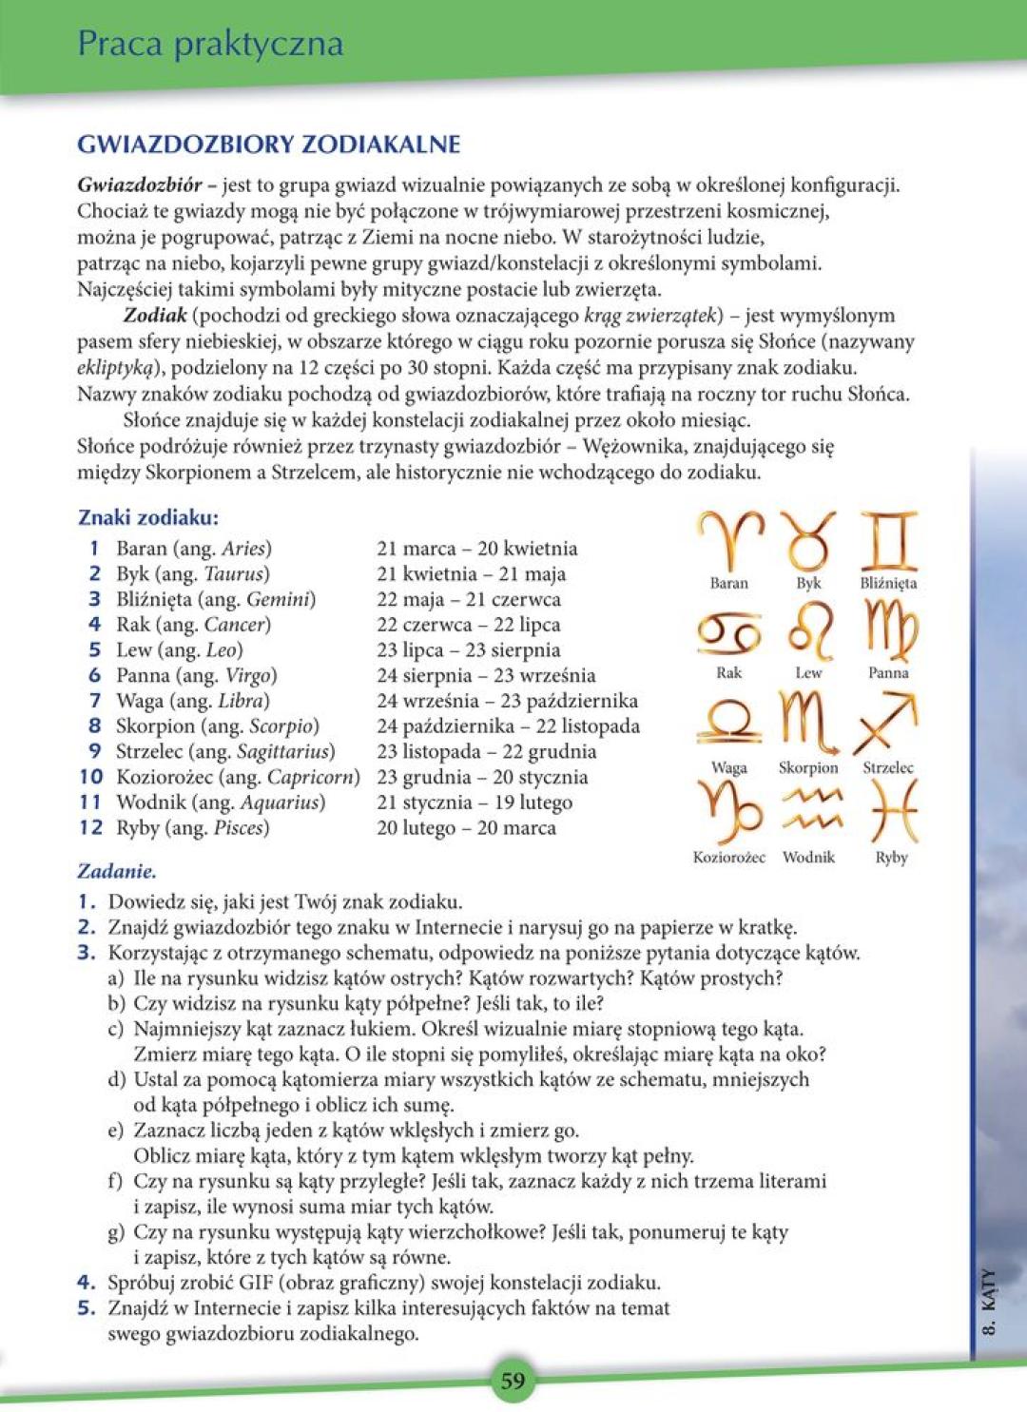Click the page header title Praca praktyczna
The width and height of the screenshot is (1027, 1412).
coord(210,44)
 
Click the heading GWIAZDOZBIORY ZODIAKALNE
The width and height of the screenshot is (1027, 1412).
coord(269,145)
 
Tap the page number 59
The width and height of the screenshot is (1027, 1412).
coord(513,1381)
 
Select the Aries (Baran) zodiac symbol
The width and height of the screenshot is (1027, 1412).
coord(729,539)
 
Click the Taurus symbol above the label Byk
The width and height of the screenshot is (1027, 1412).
coord(808,539)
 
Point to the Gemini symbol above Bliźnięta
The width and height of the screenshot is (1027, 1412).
coord(888,539)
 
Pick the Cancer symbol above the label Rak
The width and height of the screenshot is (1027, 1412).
coord(729,632)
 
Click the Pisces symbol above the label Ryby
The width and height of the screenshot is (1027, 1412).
coord(892,811)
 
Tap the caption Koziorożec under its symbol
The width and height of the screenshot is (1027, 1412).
coord(729,857)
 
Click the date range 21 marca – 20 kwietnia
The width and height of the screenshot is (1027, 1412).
coord(476,549)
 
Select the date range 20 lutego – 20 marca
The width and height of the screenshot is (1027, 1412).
coord(466,828)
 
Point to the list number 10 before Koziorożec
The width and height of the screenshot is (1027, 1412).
coord(91,777)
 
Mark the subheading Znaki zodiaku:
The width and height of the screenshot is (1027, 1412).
coord(148,518)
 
